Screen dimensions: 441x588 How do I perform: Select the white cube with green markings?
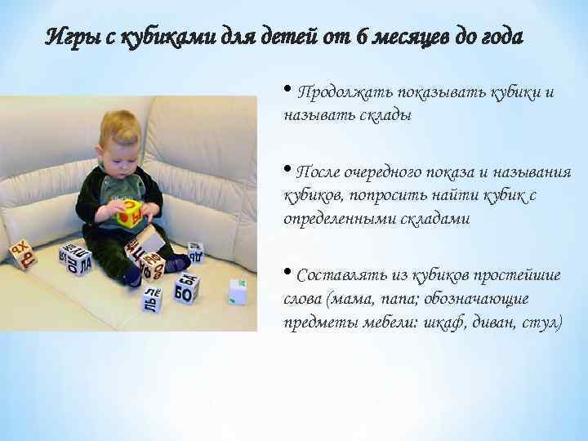[x=237, y=291]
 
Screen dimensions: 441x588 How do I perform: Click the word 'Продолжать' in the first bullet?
[x=342, y=91]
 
